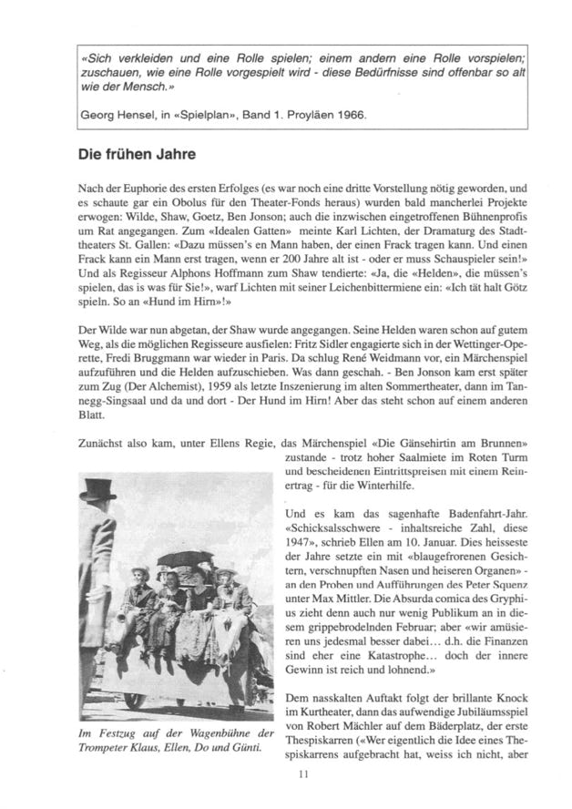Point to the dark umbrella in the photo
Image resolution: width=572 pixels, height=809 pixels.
[x=185, y=558]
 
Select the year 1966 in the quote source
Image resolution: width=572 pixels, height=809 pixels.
[x=324, y=117]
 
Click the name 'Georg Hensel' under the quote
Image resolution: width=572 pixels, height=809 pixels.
[x=117, y=117]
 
